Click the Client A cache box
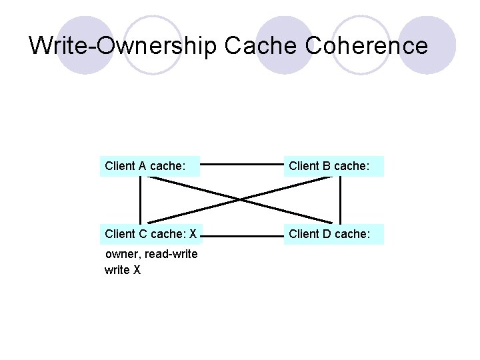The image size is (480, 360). coord(150,166)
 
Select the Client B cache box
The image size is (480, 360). coord(333,166)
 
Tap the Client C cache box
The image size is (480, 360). coord(150,234)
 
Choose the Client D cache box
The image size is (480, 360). coord(333,234)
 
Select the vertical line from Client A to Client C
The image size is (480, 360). coord(141,200)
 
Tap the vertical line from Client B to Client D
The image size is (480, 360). coord(340,200)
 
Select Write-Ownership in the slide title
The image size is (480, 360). coord(123,45)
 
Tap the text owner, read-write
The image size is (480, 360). coord(151,254)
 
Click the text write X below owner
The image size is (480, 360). coord(123,270)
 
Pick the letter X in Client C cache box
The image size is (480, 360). coord(193,234)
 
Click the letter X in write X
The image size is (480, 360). coord(137,270)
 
